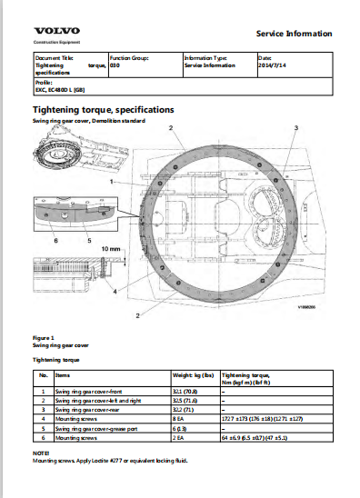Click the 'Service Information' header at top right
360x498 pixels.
tap(295, 34)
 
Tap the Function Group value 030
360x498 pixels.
tap(115, 65)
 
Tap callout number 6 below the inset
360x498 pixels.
tap(56, 242)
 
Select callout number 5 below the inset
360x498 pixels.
tap(88, 242)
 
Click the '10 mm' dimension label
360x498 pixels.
tap(110, 247)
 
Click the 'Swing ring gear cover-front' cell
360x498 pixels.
tap(91, 390)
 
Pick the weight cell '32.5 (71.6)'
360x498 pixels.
tap(185, 399)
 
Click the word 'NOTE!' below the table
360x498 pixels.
tap(41, 452)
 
